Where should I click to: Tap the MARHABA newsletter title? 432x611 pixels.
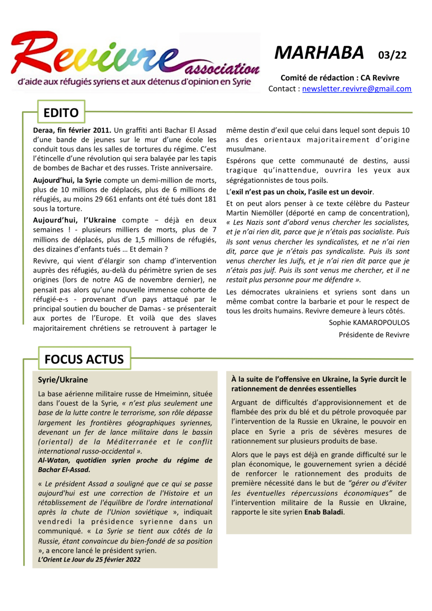[x=319, y=53]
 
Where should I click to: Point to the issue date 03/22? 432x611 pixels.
[x=392, y=55]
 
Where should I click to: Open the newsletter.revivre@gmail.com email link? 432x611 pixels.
[x=356, y=89]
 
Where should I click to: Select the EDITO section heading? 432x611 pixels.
[x=61, y=113]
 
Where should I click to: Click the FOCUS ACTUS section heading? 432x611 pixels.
[x=84, y=359]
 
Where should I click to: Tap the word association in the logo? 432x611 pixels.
[x=222, y=69]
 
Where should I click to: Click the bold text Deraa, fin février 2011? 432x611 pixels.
[x=72, y=130]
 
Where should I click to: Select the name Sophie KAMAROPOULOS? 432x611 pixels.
[x=369, y=323]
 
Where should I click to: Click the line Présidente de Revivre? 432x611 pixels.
[x=374, y=335]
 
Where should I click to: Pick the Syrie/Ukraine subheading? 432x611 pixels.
[x=63, y=380]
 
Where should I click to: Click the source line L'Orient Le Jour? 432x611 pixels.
[x=89, y=559]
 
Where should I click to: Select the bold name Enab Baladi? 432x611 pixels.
[x=323, y=512]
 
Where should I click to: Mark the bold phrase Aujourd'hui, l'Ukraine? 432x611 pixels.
[x=74, y=220]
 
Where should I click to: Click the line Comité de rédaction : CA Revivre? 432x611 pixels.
[x=340, y=78]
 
